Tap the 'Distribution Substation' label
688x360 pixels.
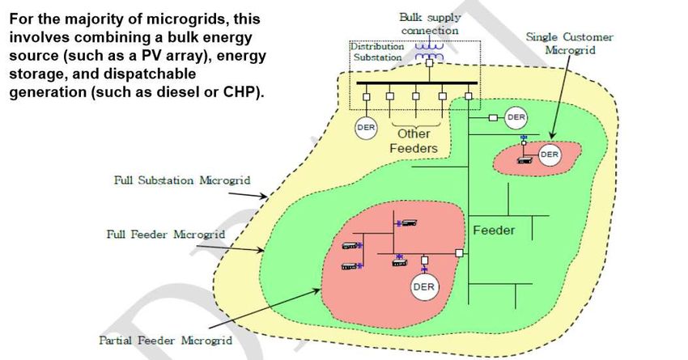click(x=376, y=53)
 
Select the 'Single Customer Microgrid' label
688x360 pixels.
click(x=569, y=43)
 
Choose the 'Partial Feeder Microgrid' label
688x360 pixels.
click(x=166, y=341)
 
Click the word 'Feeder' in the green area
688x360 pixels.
click(x=494, y=231)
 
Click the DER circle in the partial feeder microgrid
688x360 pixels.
click(x=423, y=286)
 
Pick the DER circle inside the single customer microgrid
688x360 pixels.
click(x=550, y=155)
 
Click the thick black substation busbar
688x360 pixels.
click(x=414, y=83)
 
